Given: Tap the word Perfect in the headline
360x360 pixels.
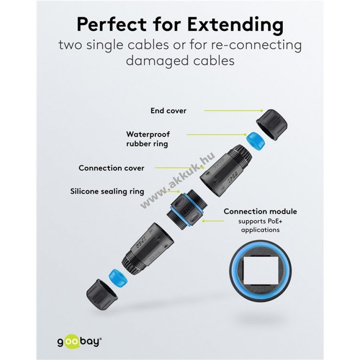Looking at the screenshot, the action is click(x=112, y=24).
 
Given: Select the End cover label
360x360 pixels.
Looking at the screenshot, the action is click(x=168, y=111).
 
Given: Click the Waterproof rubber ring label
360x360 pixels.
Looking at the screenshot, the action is click(x=148, y=139).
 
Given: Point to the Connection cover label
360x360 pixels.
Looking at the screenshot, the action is click(x=111, y=168).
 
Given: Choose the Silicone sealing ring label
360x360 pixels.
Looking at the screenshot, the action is click(x=107, y=191).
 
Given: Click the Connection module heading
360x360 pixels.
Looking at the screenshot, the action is click(x=260, y=211).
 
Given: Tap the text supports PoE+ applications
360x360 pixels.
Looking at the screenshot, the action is click(x=260, y=226).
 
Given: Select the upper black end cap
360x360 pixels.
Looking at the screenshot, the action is click(x=272, y=125).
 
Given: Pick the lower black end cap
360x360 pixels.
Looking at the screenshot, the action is click(x=102, y=294).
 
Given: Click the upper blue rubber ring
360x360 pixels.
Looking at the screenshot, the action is click(x=255, y=142).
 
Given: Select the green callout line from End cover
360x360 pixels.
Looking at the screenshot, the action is click(x=233, y=110).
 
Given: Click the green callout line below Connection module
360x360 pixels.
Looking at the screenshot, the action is click(x=213, y=221).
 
